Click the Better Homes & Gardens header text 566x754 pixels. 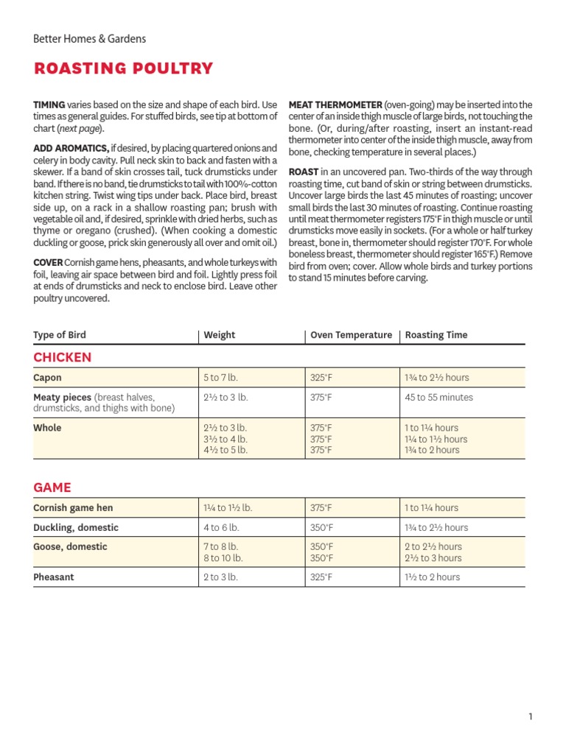pos(89,39)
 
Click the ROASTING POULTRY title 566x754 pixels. pos(123,69)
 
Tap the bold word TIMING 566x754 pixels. pos(49,105)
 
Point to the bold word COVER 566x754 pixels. pos(47,263)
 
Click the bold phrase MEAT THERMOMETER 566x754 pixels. pos(335,105)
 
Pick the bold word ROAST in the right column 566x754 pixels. pos(304,172)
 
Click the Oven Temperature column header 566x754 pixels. pos(351,335)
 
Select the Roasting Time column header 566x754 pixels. pos(436,335)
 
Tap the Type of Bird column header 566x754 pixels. pos(60,335)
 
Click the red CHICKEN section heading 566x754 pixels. pos(63,358)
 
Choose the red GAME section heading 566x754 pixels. pos(52,487)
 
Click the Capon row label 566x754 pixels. pos(47,378)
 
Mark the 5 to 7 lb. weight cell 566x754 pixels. pos(221,378)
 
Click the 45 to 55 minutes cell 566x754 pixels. pos(439,398)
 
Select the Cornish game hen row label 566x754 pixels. pos(73,508)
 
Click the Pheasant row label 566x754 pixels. pos(54,577)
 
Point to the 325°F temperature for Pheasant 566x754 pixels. pos(321,577)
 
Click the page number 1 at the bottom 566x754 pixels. pos(530,716)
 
